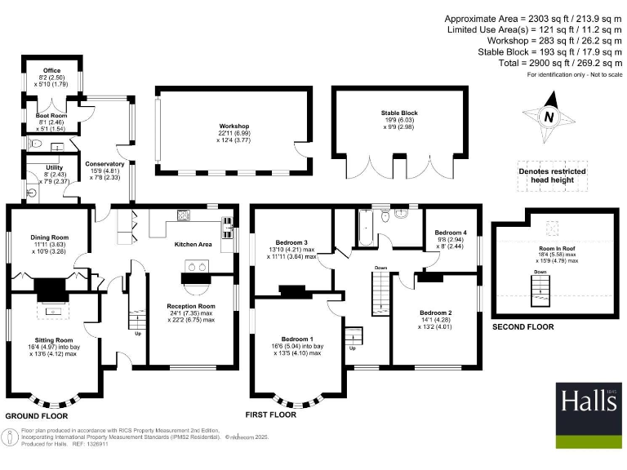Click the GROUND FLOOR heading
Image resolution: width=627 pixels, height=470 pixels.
(34, 416)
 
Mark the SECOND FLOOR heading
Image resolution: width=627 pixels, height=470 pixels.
(522, 327)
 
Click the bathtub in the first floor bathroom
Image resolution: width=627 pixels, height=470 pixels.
(367, 226)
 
